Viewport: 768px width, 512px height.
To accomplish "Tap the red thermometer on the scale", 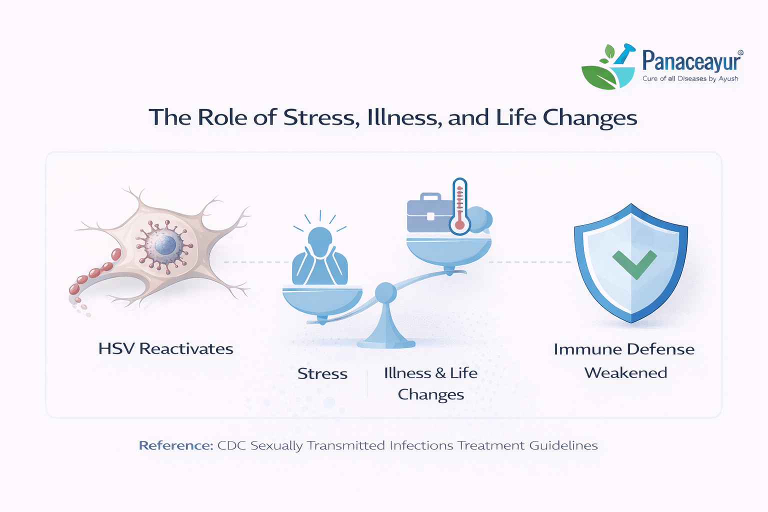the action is point(460,206).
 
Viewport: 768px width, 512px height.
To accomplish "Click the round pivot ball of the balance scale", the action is point(385,293).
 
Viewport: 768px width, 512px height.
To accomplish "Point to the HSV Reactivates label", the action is point(165,349).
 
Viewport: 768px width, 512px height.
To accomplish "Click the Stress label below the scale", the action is point(322,373).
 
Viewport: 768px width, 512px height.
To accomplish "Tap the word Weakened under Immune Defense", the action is point(625,373).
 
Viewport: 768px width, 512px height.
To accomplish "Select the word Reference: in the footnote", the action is point(176,445).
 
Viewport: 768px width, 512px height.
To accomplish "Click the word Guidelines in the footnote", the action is point(563,445).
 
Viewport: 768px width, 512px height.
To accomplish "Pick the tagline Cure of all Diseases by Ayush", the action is point(690,79).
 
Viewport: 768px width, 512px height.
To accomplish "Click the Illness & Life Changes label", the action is point(430,383).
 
